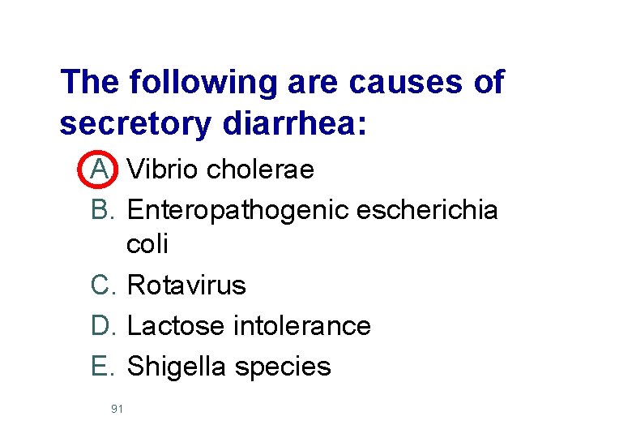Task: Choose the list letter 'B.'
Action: (105, 210)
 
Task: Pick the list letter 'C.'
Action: (105, 285)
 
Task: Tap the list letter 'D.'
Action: (105, 325)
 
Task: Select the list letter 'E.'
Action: (105, 366)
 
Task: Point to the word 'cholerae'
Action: (261, 170)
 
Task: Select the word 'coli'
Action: (147, 244)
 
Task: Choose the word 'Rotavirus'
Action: (187, 285)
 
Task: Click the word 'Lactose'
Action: (176, 325)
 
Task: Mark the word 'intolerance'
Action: (301, 325)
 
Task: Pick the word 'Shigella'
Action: (178, 367)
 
